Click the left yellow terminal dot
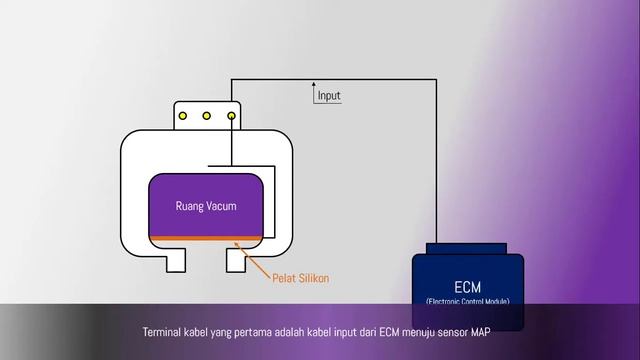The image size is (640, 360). coord(183,116)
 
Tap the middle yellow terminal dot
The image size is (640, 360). coord(207,116)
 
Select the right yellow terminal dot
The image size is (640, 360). coord(231,116)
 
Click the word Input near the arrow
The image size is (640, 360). coord(328,96)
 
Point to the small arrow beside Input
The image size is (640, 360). coord(313,92)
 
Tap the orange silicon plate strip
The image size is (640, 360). coord(206,239)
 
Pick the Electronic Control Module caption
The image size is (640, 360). coord(468,300)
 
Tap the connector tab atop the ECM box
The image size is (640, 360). coord(468,248)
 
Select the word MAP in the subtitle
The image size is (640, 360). coord(506,330)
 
